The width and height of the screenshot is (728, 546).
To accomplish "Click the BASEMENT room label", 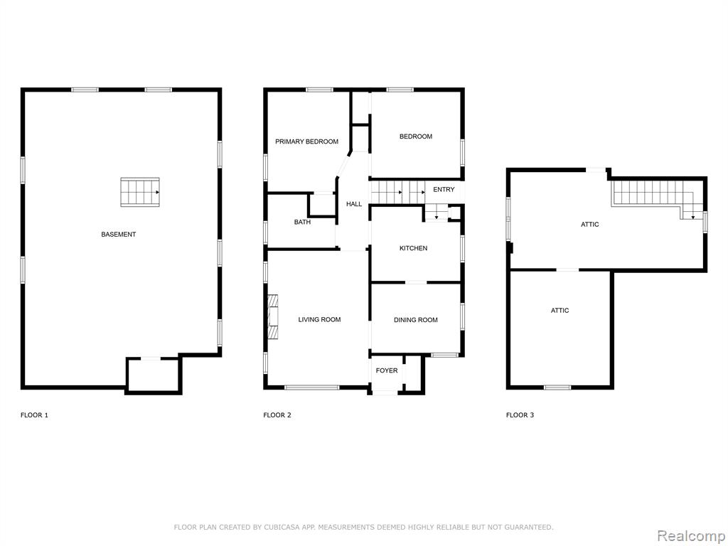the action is (119, 235).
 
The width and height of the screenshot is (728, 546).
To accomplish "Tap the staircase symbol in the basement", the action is (140, 192).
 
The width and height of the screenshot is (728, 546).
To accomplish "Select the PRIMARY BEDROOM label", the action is (307, 141).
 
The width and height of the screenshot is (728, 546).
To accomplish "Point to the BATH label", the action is (302, 222).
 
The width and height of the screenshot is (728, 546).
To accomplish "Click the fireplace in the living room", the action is (274, 316).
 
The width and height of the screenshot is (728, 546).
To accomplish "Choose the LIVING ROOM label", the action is (319, 319).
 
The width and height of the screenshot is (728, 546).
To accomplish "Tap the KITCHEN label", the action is (413, 248).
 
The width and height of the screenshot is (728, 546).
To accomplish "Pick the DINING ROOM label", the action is (415, 320).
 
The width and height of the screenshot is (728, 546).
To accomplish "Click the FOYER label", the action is (387, 370).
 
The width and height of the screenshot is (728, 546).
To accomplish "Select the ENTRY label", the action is (444, 189).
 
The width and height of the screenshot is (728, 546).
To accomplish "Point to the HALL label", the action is (354, 204).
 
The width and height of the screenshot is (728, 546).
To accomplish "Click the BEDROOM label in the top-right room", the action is (416, 136).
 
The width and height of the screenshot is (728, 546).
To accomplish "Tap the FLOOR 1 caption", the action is (34, 415).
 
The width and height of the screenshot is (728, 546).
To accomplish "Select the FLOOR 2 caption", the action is (277, 415).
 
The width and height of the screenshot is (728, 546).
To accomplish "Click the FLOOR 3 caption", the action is (520, 415).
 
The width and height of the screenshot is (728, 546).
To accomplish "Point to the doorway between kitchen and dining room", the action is (416, 282).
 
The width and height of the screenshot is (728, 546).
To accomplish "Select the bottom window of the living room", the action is (311, 387).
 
